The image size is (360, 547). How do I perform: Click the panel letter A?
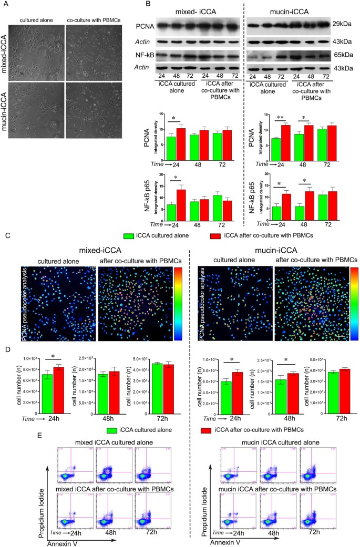(4, 4)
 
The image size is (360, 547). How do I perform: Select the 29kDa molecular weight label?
(342, 24)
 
